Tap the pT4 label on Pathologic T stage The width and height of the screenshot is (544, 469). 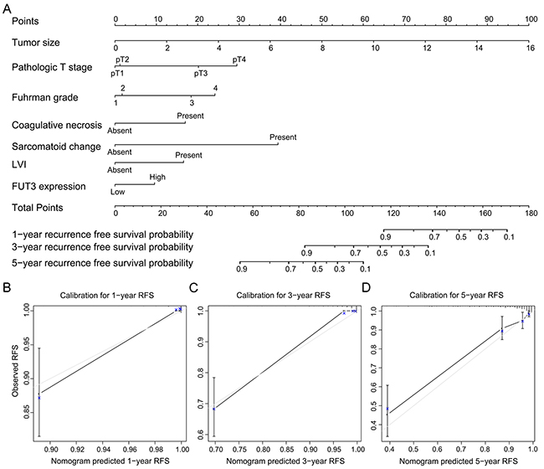[x=239, y=59]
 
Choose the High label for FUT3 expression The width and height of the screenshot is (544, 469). [x=157, y=177]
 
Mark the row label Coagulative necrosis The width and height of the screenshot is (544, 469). [x=56, y=125]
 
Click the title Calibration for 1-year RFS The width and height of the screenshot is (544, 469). [x=105, y=295]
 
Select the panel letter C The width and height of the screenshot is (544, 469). [x=195, y=288]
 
